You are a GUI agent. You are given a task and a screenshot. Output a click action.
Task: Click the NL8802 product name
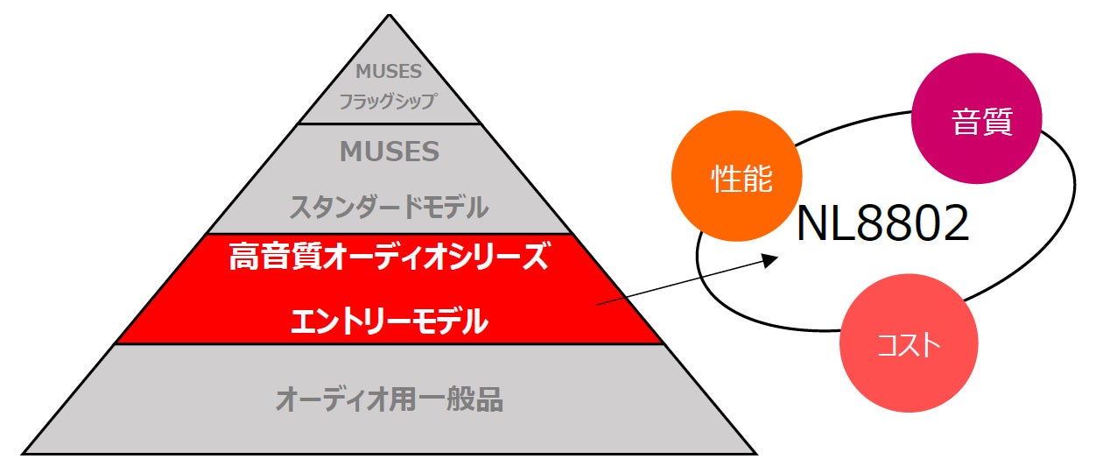(882, 226)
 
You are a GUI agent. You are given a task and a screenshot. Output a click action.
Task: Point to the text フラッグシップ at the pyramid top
(388, 101)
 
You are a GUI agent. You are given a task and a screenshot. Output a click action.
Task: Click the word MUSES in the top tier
(389, 73)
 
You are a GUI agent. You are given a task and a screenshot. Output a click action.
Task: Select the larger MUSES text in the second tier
(390, 152)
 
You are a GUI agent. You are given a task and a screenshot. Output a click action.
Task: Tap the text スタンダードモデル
(389, 208)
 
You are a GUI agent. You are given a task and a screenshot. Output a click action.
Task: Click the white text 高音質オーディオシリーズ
(389, 258)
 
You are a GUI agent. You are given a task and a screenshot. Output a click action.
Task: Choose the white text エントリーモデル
(389, 322)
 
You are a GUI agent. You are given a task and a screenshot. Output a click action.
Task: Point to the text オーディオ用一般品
(389, 400)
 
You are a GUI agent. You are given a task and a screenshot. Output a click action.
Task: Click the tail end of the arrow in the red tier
(598, 304)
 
